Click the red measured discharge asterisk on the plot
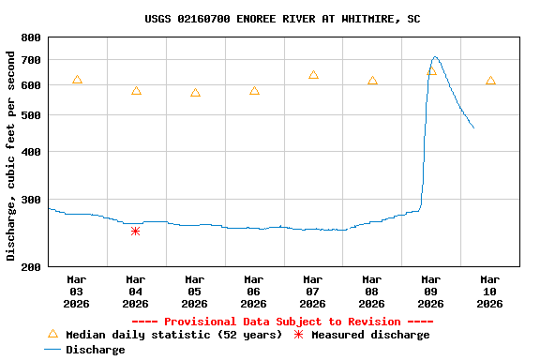135,231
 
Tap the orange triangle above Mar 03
77,81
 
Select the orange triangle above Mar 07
313,75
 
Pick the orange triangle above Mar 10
490,82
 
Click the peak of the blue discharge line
435,57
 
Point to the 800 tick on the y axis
30,37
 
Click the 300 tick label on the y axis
30,200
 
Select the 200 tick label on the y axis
30,267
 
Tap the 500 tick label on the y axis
30,115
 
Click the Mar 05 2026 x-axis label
194,292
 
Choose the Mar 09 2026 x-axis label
430,292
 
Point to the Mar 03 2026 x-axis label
77,292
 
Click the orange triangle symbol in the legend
52,335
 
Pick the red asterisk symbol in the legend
299,335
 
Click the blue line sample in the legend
52,350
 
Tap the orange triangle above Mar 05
195,93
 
